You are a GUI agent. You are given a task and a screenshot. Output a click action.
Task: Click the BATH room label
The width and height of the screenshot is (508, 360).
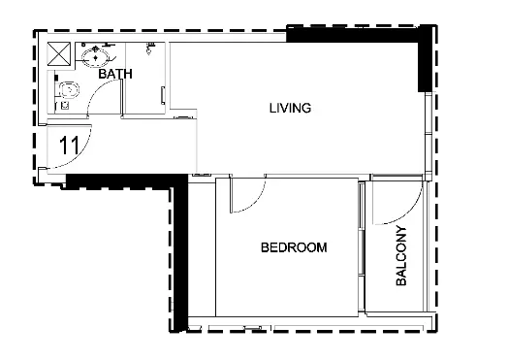click(x=115, y=74)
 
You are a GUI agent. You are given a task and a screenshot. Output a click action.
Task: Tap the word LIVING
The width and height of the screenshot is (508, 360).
click(x=290, y=108)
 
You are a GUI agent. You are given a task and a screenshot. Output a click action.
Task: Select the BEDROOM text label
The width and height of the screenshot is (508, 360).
click(x=294, y=247)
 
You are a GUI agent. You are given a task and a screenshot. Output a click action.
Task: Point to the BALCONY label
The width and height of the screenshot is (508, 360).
click(x=401, y=255)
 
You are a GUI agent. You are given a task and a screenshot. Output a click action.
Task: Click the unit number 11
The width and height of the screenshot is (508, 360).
click(x=69, y=146)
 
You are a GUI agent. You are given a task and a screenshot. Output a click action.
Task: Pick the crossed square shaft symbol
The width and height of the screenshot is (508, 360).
click(x=58, y=53)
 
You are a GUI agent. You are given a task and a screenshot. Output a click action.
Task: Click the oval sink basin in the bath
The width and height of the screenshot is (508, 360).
click(x=95, y=57)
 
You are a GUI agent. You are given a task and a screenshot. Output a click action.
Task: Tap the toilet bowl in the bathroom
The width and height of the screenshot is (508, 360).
click(x=69, y=90)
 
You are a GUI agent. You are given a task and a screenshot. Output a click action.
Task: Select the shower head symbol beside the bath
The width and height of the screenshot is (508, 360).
click(x=150, y=48)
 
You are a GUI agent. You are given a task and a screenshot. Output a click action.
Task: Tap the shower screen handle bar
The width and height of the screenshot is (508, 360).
click(x=163, y=96)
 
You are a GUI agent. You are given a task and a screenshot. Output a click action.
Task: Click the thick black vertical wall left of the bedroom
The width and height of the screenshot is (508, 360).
click(x=180, y=254)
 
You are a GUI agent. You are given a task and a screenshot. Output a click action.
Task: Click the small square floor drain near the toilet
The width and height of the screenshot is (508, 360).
click(x=65, y=106)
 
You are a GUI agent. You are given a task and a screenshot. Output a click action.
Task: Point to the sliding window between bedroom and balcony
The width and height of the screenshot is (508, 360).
click(x=362, y=246)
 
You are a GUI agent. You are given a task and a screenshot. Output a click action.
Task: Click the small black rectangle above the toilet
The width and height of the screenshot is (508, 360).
click(x=56, y=78)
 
